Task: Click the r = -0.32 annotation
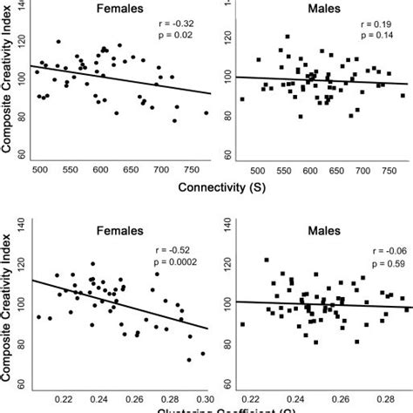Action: click(183, 32)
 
